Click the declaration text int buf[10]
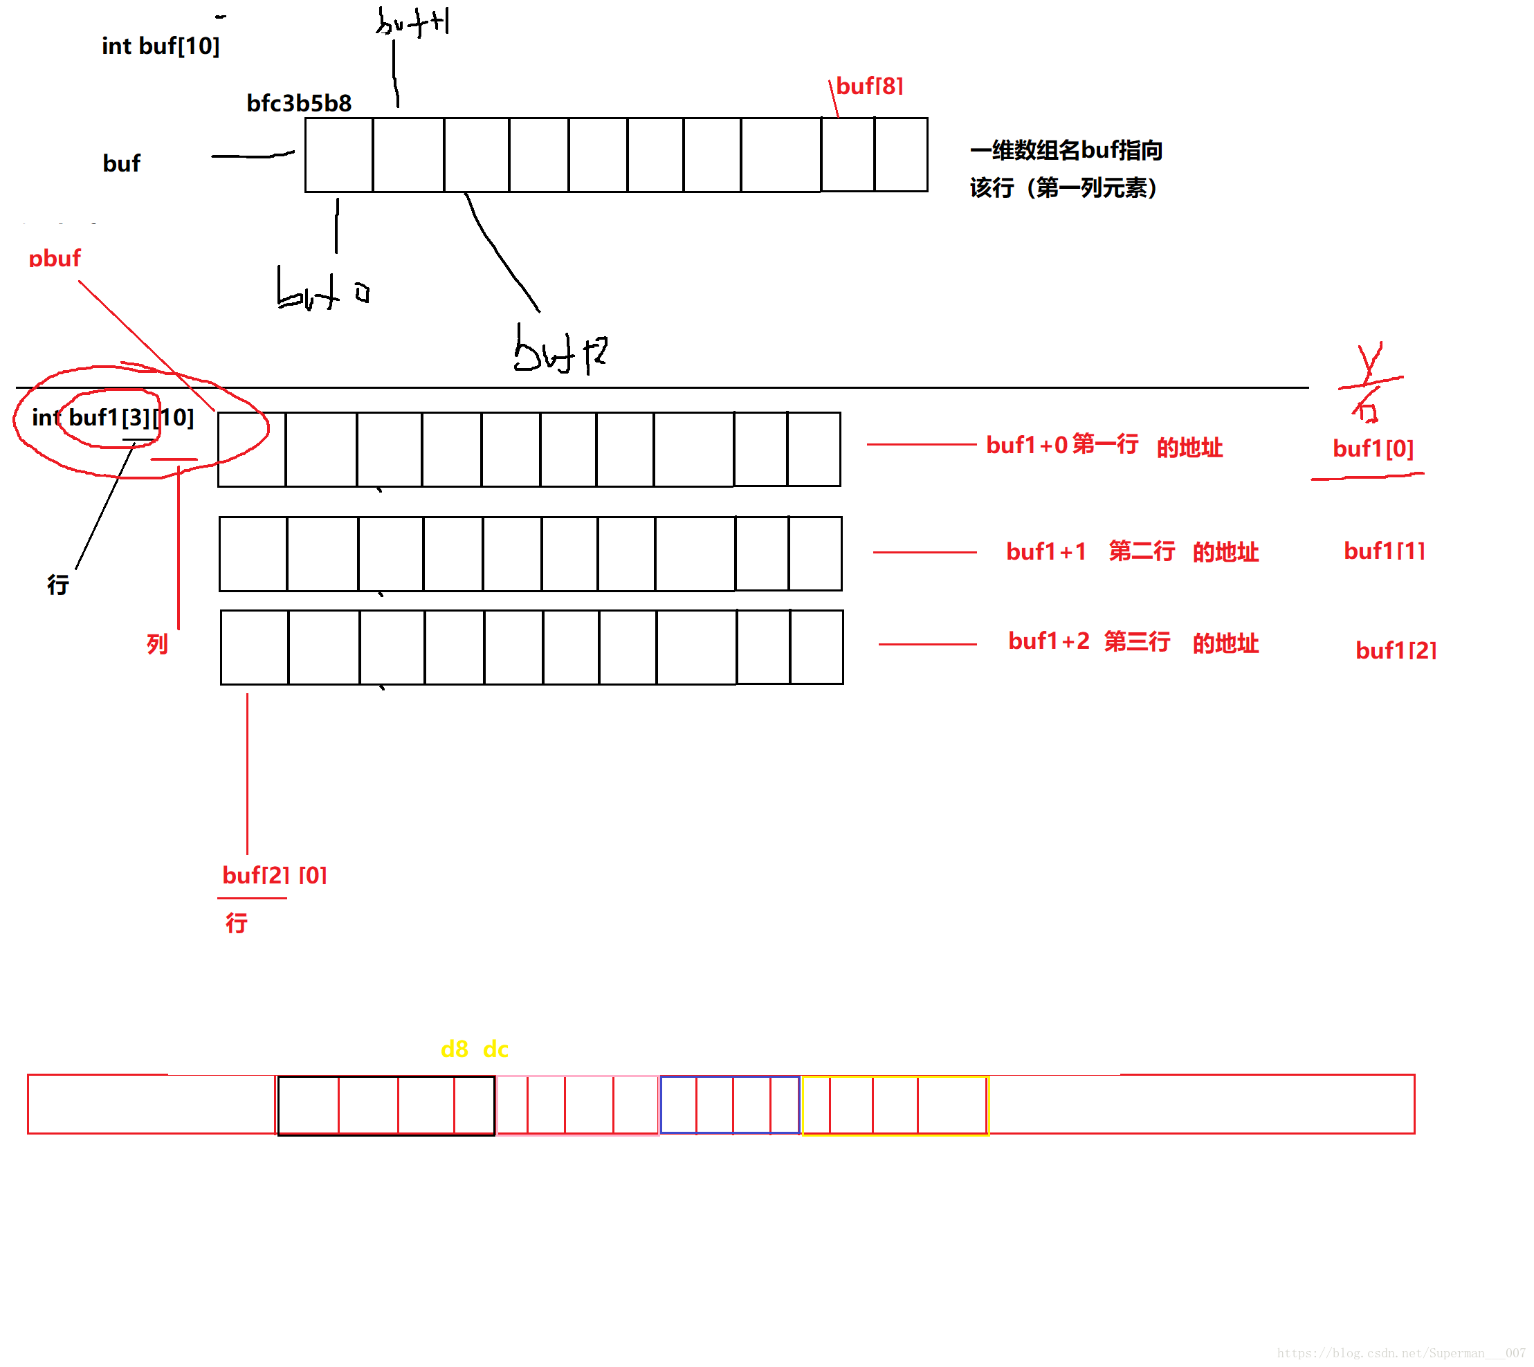coord(160,46)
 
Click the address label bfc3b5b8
coord(299,103)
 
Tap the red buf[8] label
coord(869,86)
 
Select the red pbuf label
coord(54,258)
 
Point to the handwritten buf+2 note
coord(560,351)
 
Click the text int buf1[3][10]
coord(113,418)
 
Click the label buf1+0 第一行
coord(1061,445)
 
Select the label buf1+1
coord(1046,552)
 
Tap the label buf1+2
coord(1048,641)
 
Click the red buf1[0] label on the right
coord(1373,448)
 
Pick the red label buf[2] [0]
coord(274,875)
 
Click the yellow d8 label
coord(454,1049)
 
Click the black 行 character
coord(58,585)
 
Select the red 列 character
coord(157,643)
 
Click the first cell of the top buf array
coord(339,155)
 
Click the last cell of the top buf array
coord(901,155)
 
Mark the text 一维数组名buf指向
coord(1066,150)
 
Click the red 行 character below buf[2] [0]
coord(237,923)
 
